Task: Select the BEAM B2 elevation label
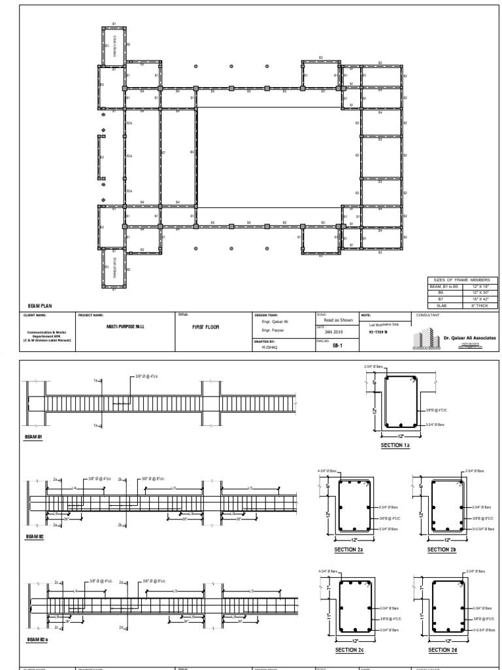(x=35, y=536)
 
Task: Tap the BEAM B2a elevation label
(x=37, y=639)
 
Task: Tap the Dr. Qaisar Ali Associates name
(x=469, y=338)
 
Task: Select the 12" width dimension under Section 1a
(x=400, y=435)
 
